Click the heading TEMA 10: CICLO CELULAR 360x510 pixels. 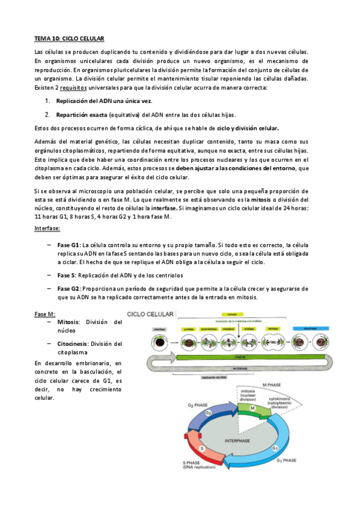[x=70, y=39]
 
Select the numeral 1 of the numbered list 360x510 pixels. [x=47, y=101]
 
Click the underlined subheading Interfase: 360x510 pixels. [x=51, y=229]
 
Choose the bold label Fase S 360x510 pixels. [x=67, y=275]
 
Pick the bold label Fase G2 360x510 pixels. [x=69, y=289]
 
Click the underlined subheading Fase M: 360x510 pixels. [x=45, y=315]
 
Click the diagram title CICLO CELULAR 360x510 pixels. [x=151, y=315]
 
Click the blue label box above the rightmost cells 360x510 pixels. [x=311, y=329]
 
